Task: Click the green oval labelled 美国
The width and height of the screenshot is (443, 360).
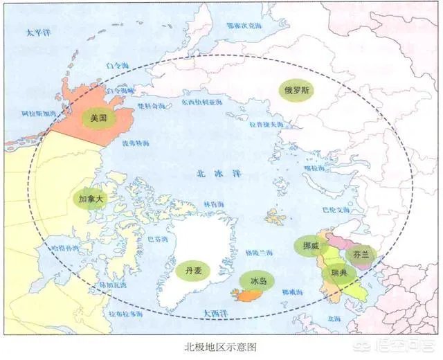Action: [x=98, y=118]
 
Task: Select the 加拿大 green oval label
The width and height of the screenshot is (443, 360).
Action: [x=91, y=199]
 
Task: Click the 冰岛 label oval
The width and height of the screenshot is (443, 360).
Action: [x=257, y=280]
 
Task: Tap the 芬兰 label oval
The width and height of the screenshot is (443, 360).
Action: [x=361, y=254]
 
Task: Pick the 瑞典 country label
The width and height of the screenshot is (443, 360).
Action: [x=339, y=273]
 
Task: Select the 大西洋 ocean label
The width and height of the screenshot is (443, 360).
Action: [x=216, y=314]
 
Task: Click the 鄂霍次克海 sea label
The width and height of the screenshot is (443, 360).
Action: [x=244, y=26]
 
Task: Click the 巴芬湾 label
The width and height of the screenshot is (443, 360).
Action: [x=159, y=240]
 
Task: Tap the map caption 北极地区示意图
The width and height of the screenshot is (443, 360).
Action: [x=221, y=347]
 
